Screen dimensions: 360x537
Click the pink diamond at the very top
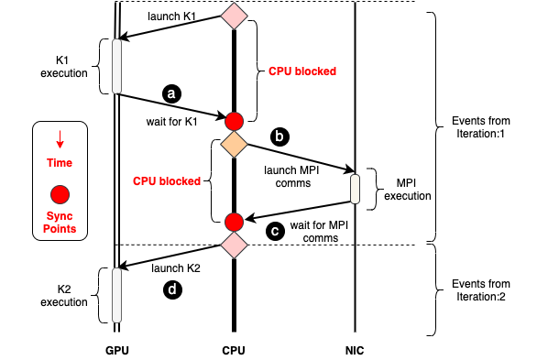[234, 16]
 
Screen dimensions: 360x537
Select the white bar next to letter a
[116, 66]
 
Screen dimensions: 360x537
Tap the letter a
[171, 93]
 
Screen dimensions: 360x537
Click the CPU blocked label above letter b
[302, 71]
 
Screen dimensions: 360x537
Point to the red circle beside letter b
[234, 121]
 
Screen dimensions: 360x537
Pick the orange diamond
[234, 144]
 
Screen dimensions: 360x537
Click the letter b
[279, 136]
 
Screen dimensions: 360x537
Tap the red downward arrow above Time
[60, 139]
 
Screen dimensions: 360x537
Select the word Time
[60, 163]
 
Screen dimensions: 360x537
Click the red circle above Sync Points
[60, 194]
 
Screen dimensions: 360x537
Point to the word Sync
[60, 216]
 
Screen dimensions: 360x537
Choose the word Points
[60, 229]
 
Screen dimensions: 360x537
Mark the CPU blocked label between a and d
[167, 181]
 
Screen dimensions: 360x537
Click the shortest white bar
[355, 189]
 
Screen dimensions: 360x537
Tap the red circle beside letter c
[234, 222]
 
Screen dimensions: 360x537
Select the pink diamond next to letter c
[234, 245]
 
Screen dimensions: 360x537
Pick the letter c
[274, 231]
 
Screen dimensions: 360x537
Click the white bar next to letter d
[116, 295]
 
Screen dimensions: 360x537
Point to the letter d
[171, 289]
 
